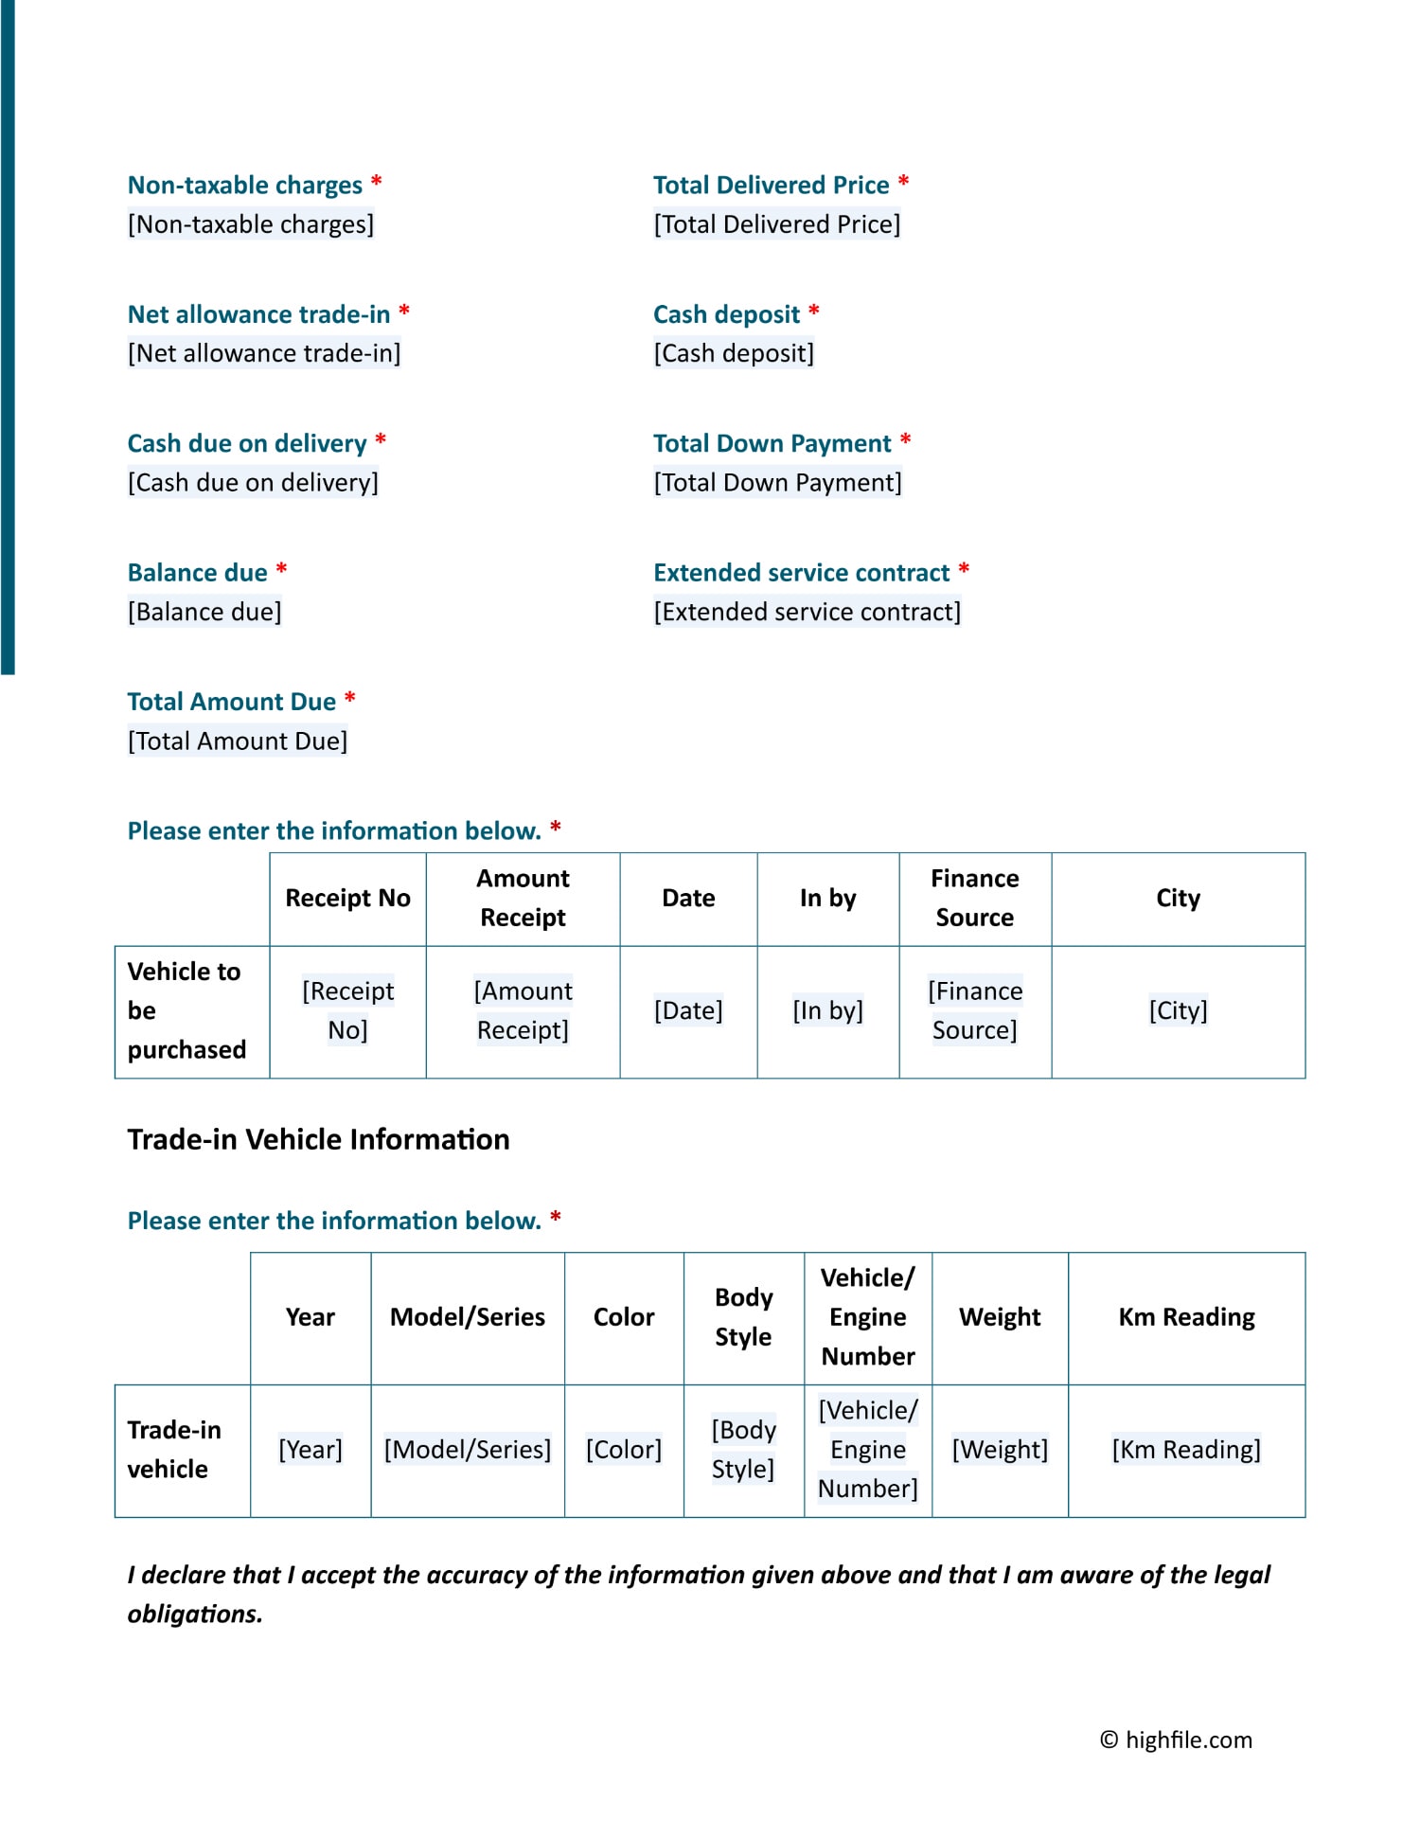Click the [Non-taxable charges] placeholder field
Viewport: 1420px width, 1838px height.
[251, 224]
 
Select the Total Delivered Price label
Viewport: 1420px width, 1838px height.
[771, 185]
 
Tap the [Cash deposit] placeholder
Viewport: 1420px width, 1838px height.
[734, 353]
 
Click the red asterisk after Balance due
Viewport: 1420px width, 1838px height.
[281, 570]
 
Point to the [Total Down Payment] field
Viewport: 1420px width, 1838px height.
[777, 483]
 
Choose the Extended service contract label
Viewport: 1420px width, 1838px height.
[801, 573]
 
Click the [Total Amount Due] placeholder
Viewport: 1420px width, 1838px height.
[238, 741]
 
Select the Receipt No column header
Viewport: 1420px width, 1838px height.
[347, 898]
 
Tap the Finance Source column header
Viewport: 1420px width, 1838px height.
[974, 898]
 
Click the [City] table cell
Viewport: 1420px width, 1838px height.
[1178, 1010]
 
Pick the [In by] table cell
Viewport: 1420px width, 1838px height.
[827, 1010]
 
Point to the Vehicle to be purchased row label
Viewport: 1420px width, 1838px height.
[186, 1010]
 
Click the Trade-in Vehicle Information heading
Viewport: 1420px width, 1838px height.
[318, 1139]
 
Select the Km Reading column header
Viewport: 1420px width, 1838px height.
[1186, 1317]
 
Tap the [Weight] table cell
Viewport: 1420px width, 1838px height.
[1000, 1450]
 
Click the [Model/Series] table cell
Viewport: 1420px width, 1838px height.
[467, 1450]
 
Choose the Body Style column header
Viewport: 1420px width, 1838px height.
[743, 1317]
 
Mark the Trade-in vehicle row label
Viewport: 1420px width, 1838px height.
[174, 1450]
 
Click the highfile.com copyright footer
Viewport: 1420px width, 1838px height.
[1176, 1740]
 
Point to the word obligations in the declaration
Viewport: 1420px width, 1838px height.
[194, 1614]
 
